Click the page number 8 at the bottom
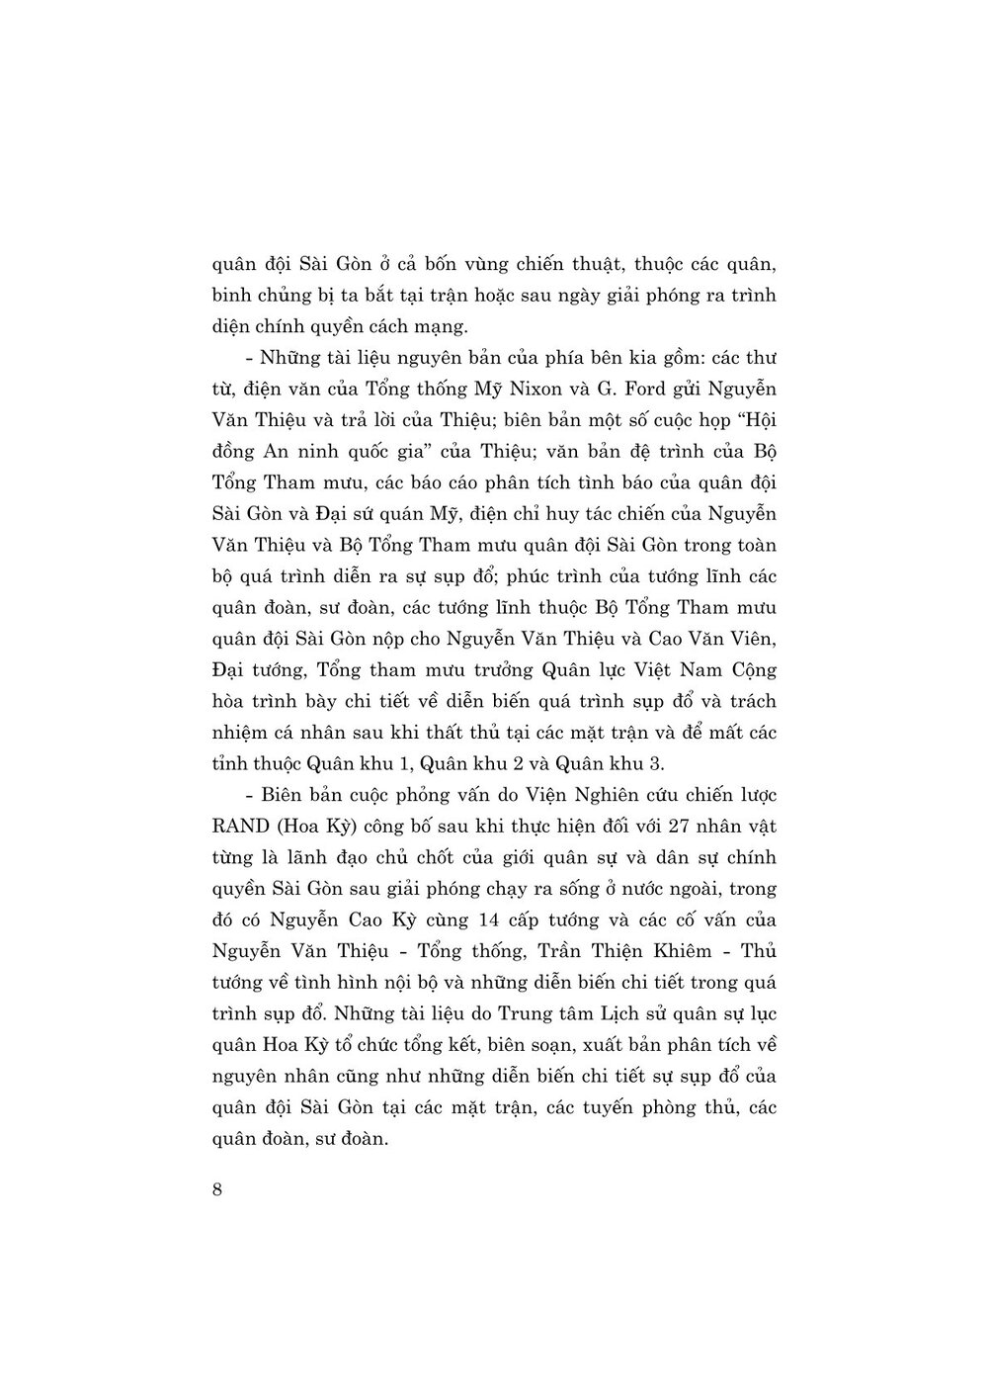[217, 1189]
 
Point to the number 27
[659, 826]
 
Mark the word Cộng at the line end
[751, 670]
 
